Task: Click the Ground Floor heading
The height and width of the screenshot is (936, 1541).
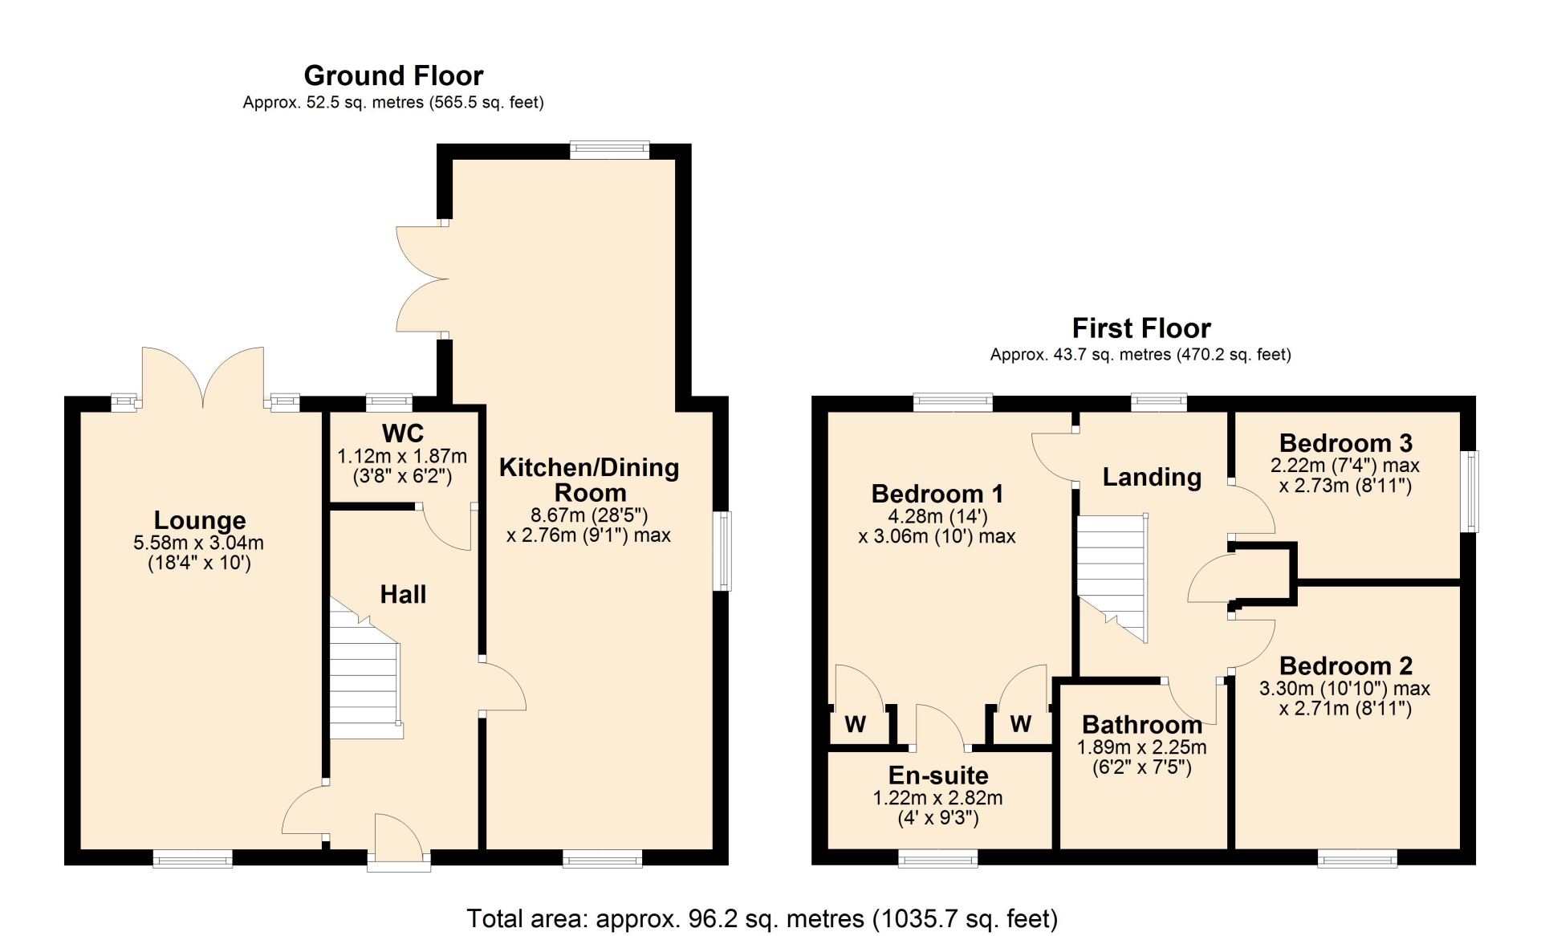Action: pos(393,75)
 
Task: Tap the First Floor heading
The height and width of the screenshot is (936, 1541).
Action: pos(1141,328)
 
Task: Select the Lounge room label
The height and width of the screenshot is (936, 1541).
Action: pos(200,520)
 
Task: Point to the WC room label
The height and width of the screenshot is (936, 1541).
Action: pos(403,433)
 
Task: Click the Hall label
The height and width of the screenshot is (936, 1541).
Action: pos(403,595)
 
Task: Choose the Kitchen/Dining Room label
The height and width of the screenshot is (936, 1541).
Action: pos(589,480)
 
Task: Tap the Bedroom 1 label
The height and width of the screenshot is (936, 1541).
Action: pos(937,494)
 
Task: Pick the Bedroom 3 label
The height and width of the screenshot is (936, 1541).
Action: pos(1346,443)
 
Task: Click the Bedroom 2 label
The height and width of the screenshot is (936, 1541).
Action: pos(1346,665)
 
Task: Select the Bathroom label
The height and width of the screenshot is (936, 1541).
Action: pos(1142,725)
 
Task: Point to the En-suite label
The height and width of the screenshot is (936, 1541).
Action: pos(938,775)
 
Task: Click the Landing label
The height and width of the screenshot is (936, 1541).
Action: pos(1152,477)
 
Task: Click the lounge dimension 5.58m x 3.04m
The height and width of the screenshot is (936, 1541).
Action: pos(199,543)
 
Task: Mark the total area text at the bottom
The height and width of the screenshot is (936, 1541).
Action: pos(762,918)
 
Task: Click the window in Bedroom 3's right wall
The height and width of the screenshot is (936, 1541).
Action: pos(1470,491)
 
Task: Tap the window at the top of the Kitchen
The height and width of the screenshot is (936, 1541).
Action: pos(610,149)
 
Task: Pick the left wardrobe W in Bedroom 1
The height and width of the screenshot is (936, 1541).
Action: pos(856,724)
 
